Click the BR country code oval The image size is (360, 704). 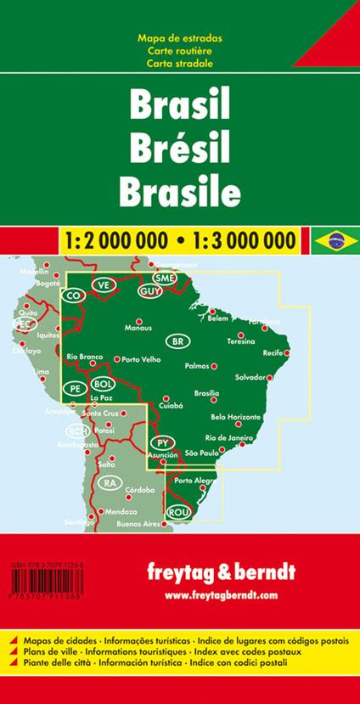pyautogui.click(x=177, y=341)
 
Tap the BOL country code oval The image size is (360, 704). pyautogui.click(x=101, y=383)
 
